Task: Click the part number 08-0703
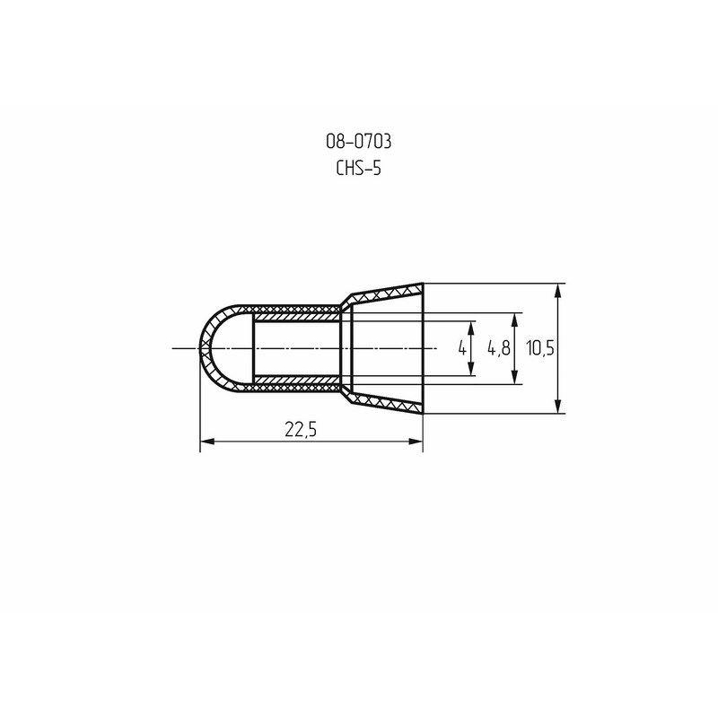357,141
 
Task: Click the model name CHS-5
357,168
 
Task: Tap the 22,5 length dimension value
302,429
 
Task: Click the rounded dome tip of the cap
201,348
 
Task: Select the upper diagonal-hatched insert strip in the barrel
296,316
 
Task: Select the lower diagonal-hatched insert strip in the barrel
296,381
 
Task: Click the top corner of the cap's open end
422,285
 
